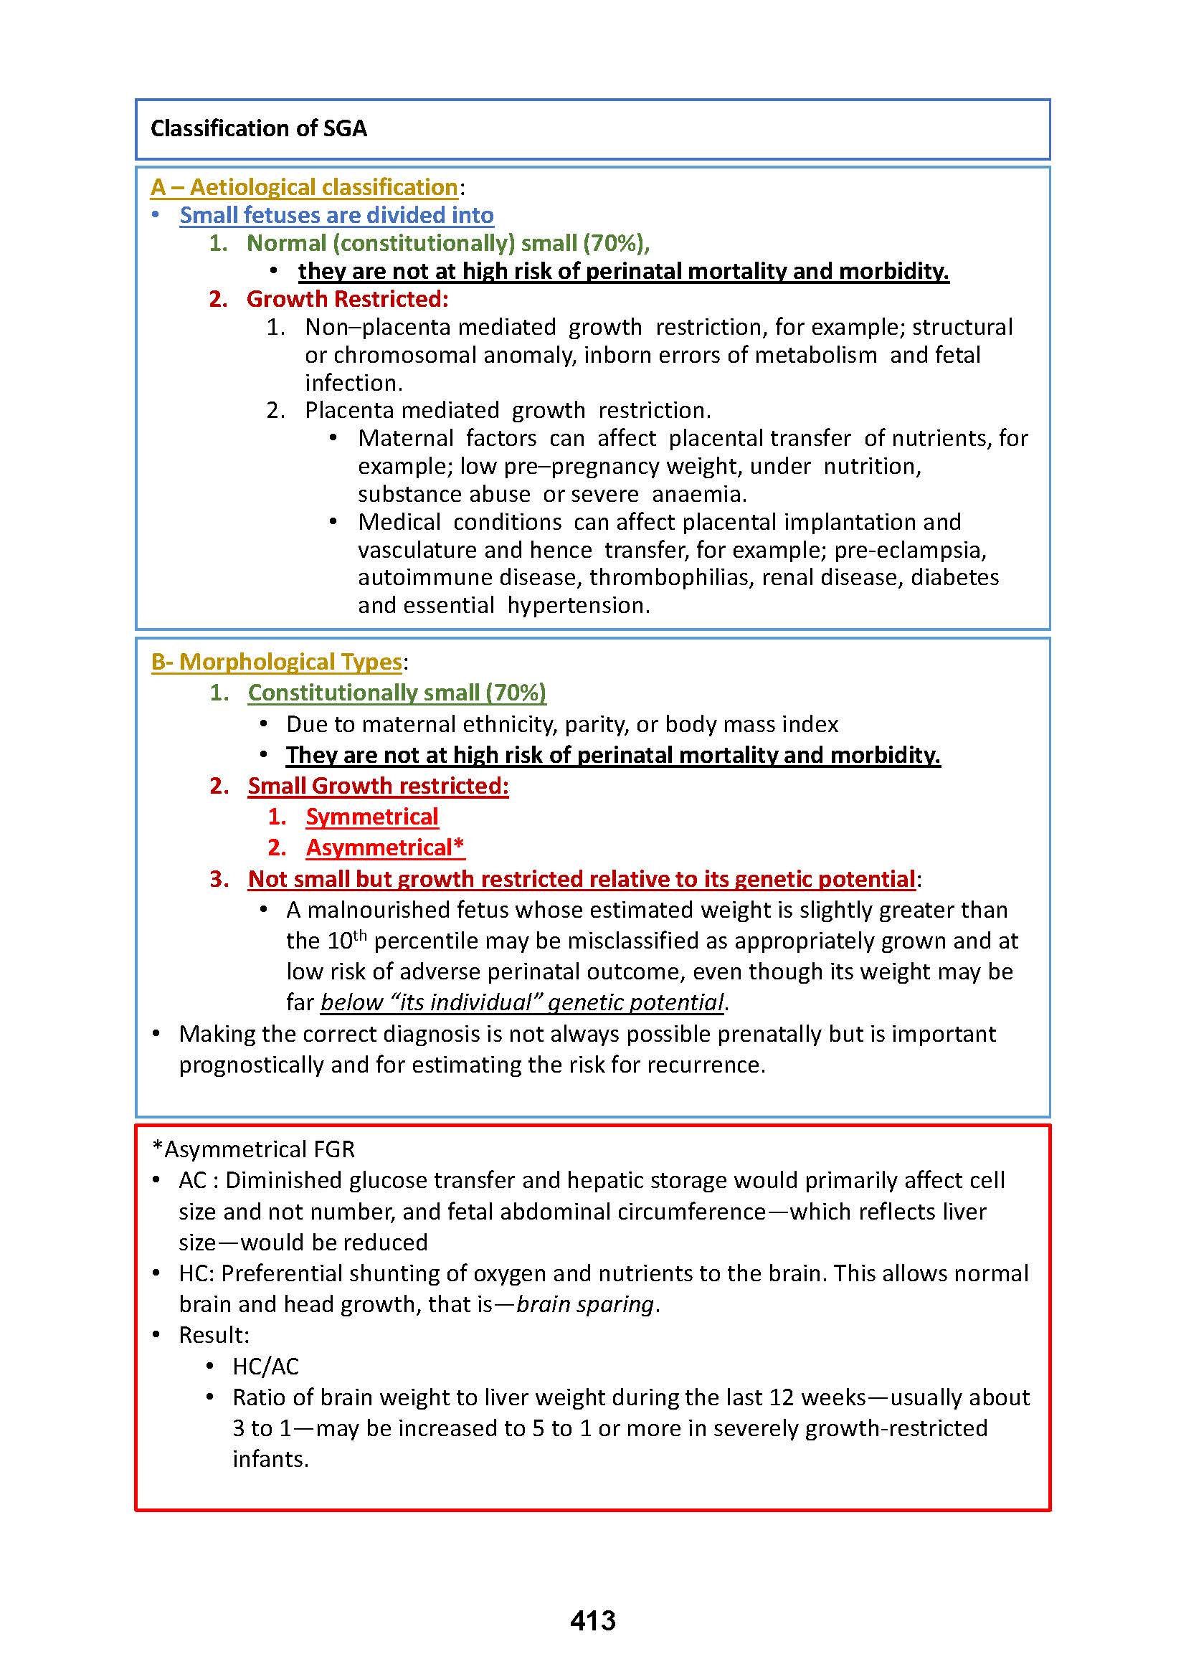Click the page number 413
592,1620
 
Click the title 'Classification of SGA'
259,128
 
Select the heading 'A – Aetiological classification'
304,187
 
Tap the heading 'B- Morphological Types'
276,662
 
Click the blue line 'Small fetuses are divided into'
337,215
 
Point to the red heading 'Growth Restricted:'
347,299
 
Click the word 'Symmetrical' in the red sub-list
371,817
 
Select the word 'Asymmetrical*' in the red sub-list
385,847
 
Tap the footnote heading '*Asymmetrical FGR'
252,1149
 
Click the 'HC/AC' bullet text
266,1366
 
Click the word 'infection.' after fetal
354,383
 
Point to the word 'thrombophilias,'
672,577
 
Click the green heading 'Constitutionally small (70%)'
397,693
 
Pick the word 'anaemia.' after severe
699,494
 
